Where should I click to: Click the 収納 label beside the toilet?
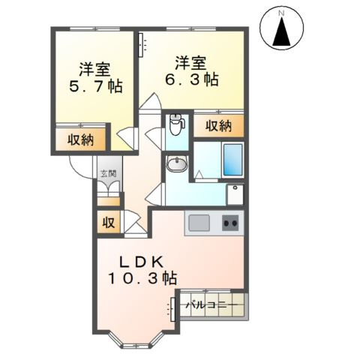(214, 125)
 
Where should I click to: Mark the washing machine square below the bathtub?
(235, 194)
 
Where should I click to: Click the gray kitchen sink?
(199, 223)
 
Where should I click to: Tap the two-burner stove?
(230, 223)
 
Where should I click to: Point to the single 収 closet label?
(108, 222)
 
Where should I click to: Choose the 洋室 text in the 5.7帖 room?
(94, 69)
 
